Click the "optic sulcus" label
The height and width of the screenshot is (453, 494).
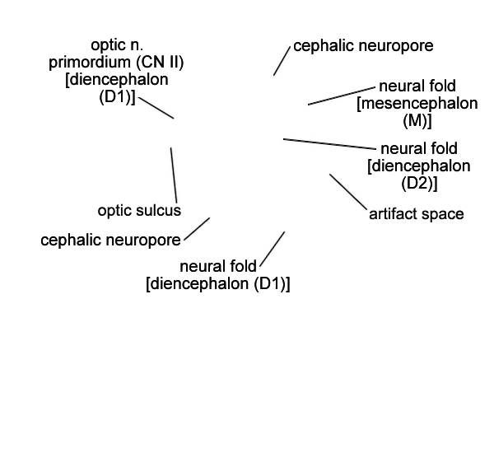[x=139, y=211]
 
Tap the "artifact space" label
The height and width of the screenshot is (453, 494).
[x=416, y=214]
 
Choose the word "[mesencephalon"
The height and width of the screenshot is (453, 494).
[x=417, y=105]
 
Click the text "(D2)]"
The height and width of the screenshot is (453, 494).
[x=418, y=183]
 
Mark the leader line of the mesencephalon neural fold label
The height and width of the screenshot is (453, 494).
[x=342, y=96]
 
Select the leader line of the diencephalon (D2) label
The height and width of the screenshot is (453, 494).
[x=329, y=144]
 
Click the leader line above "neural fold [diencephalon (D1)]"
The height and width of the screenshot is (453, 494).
[x=273, y=249]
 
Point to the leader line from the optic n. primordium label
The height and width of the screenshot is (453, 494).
[x=156, y=108]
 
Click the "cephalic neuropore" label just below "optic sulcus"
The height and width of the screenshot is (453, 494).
[x=111, y=241]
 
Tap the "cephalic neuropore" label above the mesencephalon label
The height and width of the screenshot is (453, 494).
[x=363, y=45]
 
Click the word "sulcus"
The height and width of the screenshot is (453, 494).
[x=160, y=211]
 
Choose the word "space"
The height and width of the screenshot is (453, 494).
[x=444, y=214]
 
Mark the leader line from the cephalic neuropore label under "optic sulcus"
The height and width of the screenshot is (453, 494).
[x=197, y=229]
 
